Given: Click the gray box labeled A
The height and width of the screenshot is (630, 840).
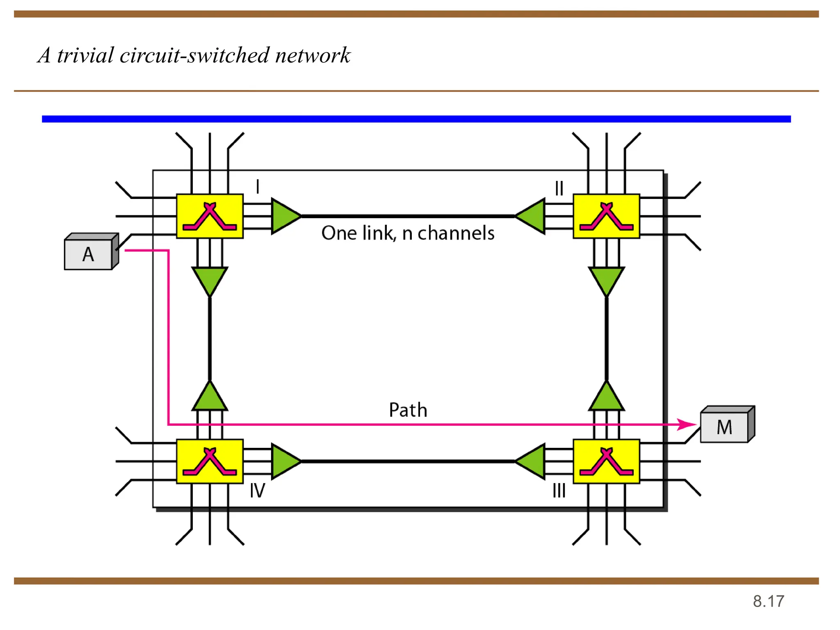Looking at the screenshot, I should (x=88, y=254).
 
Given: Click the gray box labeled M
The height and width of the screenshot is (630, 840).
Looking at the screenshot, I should (x=724, y=427).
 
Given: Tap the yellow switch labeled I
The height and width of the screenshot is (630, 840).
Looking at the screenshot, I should (x=210, y=216).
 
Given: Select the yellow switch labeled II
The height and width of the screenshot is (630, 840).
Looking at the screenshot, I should (x=606, y=216).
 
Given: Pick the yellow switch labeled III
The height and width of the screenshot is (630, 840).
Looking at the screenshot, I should (x=606, y=461).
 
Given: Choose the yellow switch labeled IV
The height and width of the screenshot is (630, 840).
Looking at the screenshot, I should (x=210, y=461).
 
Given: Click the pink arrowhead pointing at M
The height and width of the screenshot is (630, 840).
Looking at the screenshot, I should (x=687, y=424).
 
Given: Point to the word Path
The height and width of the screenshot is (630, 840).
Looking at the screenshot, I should (x=408, y=410).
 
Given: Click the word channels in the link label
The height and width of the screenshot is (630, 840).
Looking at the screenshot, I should (x=456, y=233).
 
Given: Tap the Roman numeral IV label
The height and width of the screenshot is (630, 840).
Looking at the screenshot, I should (x=258, y=491).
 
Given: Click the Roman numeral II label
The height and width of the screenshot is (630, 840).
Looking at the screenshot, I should (x=559, y=189).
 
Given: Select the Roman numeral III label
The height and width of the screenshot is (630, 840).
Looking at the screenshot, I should (x=559, y=491).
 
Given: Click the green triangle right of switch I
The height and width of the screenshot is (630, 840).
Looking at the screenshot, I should (x=284, y=216).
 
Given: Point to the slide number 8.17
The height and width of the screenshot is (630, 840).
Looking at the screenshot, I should (x=768, y=601).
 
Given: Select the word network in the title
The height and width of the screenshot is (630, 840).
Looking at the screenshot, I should (x=313, y=55).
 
